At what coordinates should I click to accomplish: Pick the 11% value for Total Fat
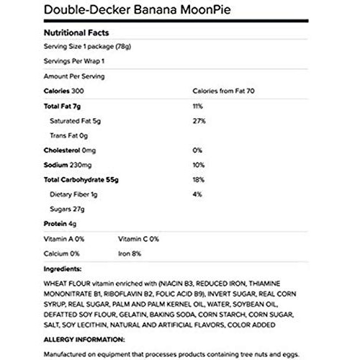point(198,106)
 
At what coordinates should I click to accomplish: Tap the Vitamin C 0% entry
point(138,239)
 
